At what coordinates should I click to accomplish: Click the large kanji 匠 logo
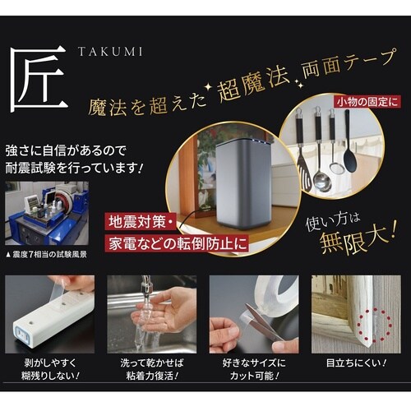point(38,80)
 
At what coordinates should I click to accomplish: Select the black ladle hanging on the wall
point(350,148)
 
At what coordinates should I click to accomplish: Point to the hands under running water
point(156,312)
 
